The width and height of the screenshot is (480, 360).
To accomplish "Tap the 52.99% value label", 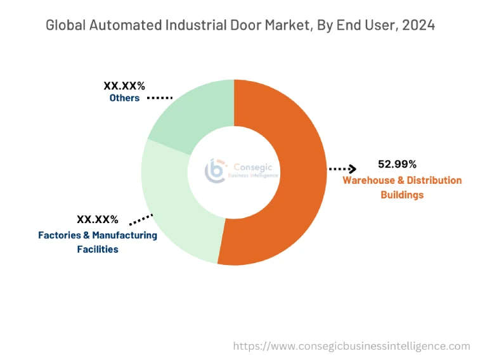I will pyautogui.click(x=397, y=164).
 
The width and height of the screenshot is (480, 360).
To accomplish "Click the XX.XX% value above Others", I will pyautogui.click(x=124, y=85).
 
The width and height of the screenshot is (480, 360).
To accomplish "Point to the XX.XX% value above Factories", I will pyautogui.click(x=98, y=220).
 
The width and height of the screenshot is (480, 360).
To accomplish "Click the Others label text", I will pyautogui.click(x=124, y=98).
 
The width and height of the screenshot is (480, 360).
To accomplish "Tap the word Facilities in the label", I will pyautogui.click(x=98, y=249).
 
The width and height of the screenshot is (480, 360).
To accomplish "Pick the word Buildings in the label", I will pyautogui.click(x=402, y=195).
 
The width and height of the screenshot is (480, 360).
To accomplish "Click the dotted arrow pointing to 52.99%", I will pyautogui.click(x=342, y=169).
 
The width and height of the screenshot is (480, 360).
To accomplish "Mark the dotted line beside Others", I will pyautogui.click(x=160, y=98).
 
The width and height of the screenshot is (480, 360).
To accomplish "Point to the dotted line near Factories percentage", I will pyautogui.click(x=141, y=219).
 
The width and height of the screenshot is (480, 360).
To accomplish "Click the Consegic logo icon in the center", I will pyautogui.click(x=215, y=170).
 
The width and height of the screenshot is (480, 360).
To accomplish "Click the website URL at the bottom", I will pyautogui.click(x=352, y=346).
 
